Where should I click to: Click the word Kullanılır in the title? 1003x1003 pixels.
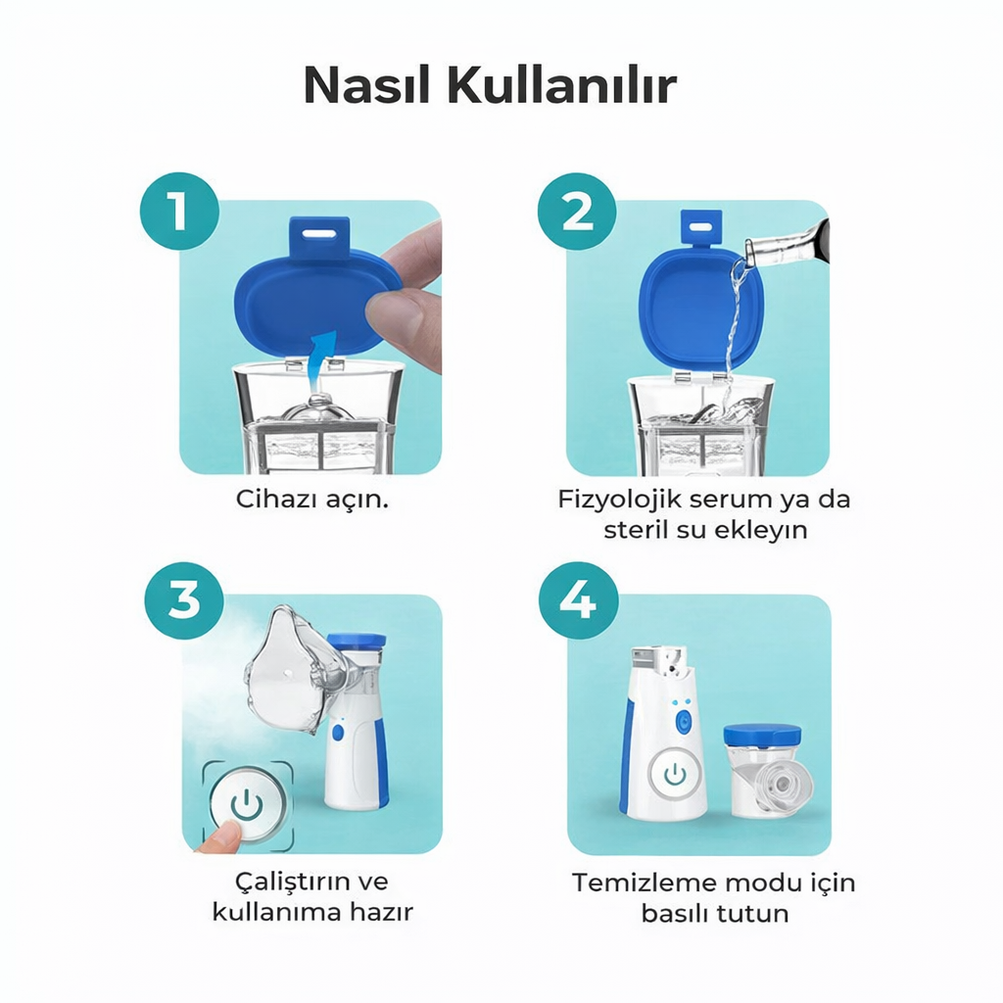[x=561, y=86]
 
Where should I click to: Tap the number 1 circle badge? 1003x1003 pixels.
[x=178, y=212]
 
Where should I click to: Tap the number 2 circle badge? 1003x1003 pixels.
[x=578, y=212]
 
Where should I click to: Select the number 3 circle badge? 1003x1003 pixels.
[x=184, y=599]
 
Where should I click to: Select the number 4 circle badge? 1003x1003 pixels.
[x=578, y=599]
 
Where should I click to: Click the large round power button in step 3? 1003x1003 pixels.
[x=246, y=805]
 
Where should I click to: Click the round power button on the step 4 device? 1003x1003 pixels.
[x=674, y=775]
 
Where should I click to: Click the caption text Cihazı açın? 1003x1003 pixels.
[x=312, y=499]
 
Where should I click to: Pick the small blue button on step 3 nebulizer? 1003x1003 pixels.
[x=338, y=732]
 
